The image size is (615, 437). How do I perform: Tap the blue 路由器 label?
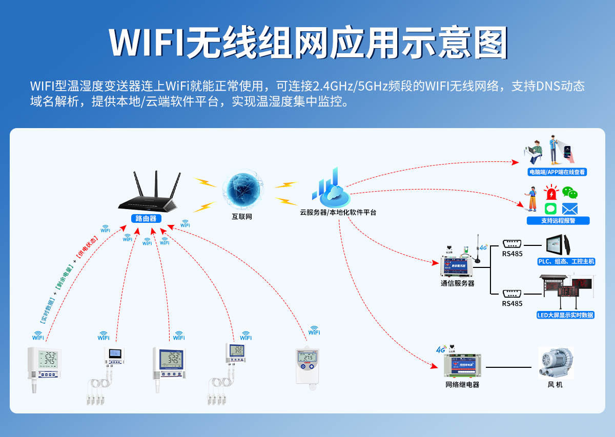point(146,219)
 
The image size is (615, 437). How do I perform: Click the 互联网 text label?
point(242,217)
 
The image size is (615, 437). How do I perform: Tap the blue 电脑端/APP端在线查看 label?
point(557,172)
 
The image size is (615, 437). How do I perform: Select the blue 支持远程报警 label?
point(558,221)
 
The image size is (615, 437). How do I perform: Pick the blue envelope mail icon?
point(569,209)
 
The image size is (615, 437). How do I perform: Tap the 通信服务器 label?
point(457,283)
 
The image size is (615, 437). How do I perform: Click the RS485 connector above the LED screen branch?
point(512,294)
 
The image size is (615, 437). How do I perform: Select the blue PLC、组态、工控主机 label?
point(566,262)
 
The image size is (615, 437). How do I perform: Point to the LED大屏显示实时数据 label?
point(565,315)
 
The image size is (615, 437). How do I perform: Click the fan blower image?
point(555,363)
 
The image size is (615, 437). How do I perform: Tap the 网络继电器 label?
point(462,384)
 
